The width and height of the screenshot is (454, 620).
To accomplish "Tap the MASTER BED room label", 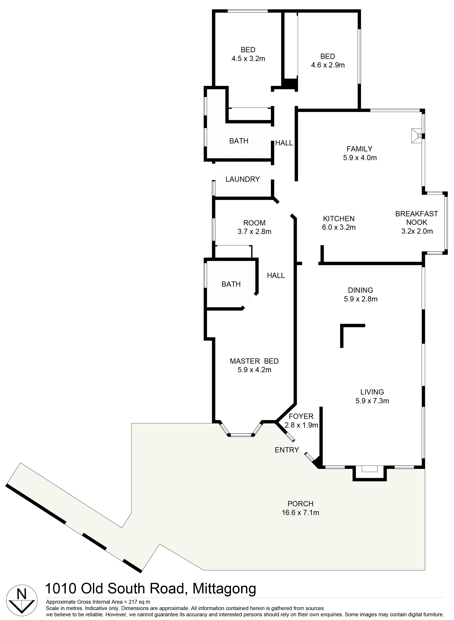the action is point(254,361).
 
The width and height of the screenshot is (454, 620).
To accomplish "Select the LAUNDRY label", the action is point(243,179).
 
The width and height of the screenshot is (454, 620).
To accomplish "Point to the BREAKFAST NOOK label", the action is point(417,218).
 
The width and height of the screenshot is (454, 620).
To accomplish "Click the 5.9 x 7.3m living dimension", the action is point(372,401).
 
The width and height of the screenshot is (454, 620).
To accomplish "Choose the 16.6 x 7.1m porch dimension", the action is point(300,513).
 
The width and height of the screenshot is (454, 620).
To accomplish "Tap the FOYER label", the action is point(301,416).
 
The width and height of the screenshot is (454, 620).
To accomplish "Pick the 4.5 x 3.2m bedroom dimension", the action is point(248,59).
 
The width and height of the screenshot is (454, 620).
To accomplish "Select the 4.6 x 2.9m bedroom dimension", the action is point(328,65).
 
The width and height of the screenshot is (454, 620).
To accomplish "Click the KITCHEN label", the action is point(339,219).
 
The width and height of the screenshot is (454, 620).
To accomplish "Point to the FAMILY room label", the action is point(359,149).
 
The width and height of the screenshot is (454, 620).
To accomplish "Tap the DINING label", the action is point(361,290).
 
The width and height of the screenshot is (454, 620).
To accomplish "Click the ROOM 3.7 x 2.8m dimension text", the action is point(254,232).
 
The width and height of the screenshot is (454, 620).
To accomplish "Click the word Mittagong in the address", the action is point(224,588).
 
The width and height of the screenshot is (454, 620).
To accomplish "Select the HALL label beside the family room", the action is point(284,143).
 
